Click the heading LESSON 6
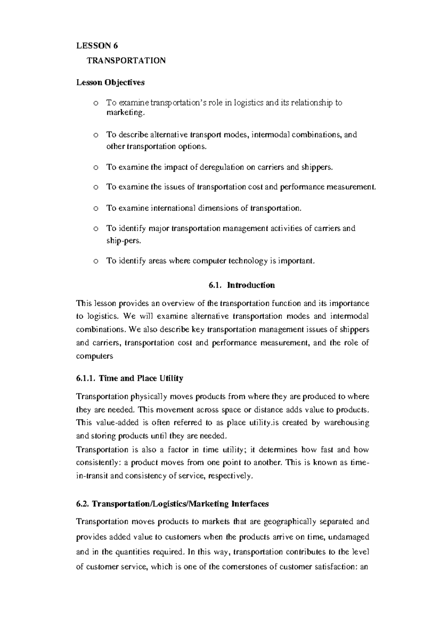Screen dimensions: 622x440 pos(97,46)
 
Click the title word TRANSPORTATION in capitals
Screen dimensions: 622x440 pos(126,61)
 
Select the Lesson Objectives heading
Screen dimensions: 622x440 pos(110,82)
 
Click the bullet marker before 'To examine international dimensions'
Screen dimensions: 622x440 pos(96,208)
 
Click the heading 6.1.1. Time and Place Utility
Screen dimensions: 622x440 pos(129,378)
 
